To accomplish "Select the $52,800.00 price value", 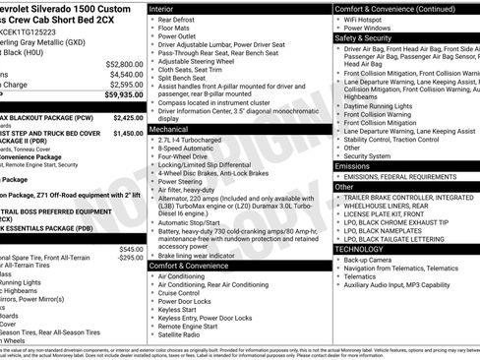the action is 121,63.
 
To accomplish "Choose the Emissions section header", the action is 354,166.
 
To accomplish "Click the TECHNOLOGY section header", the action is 360,250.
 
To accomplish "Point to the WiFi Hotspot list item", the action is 367,18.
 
